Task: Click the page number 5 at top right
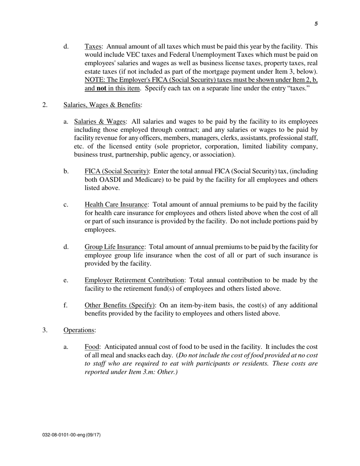[316, 24]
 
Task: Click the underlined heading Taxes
[93, 46]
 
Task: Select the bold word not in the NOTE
[101, 88]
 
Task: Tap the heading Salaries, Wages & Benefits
[102, 105]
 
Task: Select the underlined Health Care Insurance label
[116, 205]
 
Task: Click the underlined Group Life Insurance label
[115, 247]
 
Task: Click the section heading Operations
[79, 330]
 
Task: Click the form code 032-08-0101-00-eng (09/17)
[71, 435]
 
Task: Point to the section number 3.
[45, 330]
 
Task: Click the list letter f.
[66, 305]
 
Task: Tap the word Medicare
[150, 180]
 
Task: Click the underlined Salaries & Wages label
[100, 122]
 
